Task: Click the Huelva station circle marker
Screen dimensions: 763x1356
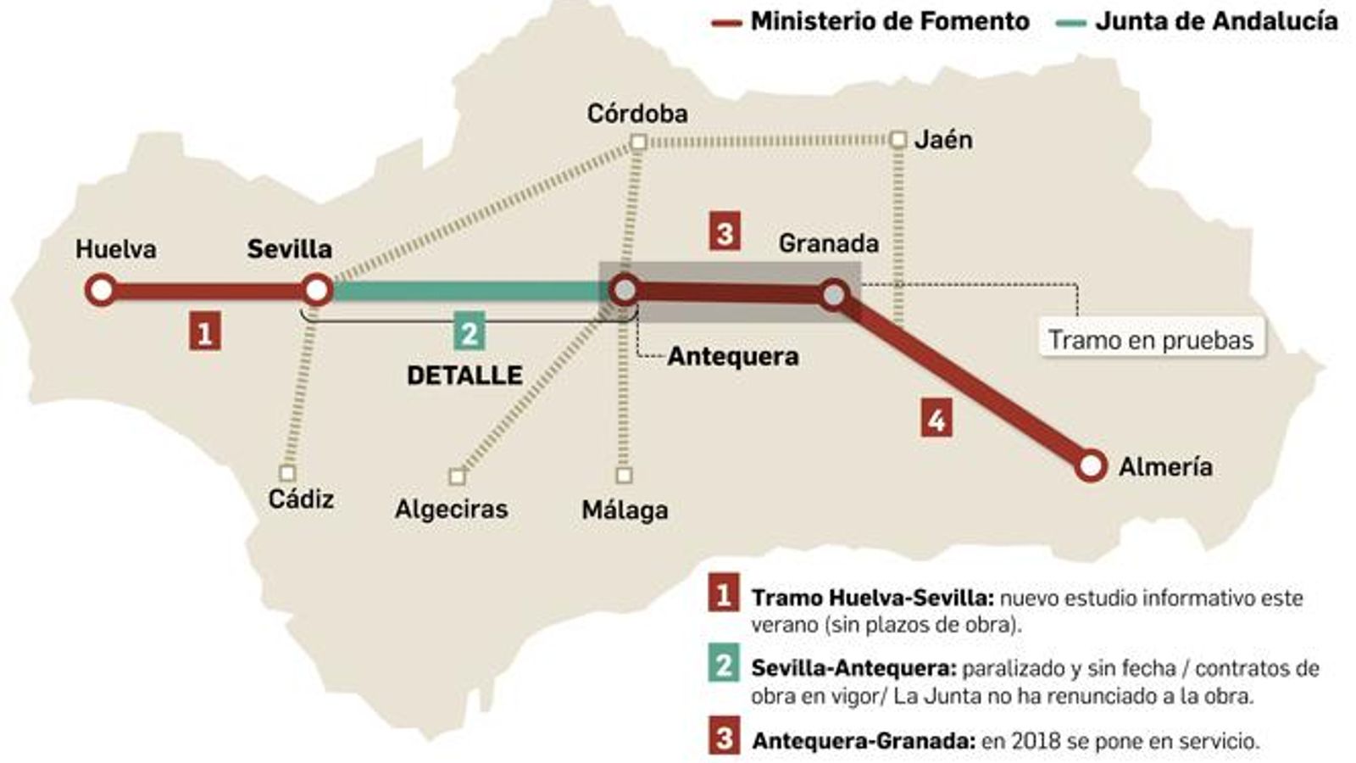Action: [x=101, y=290]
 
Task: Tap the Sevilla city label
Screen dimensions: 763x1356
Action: [x=289, y=249]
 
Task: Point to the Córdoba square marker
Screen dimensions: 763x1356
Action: [x=639, y=142]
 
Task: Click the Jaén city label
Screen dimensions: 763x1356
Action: [x=943, y=139]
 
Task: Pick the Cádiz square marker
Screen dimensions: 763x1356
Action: [x=287, y=473]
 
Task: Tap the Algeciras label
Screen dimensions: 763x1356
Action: [x=451, y=509]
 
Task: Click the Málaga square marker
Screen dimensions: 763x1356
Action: [x=624, y=475]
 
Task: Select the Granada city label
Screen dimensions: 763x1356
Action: [x=828, y=243]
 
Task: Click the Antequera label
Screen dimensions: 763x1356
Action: [x=732, y=356]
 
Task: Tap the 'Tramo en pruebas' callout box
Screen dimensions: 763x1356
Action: [x=1150, y=339]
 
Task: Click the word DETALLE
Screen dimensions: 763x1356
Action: [x=464, y=375]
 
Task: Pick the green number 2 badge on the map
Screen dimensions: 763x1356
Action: [x=469, y=331]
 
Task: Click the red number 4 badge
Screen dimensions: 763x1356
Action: [x=936, y=419]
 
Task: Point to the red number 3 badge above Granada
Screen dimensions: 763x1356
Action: [x=725, y=231]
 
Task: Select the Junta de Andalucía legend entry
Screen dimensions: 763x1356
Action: [x=1197, y=22]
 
